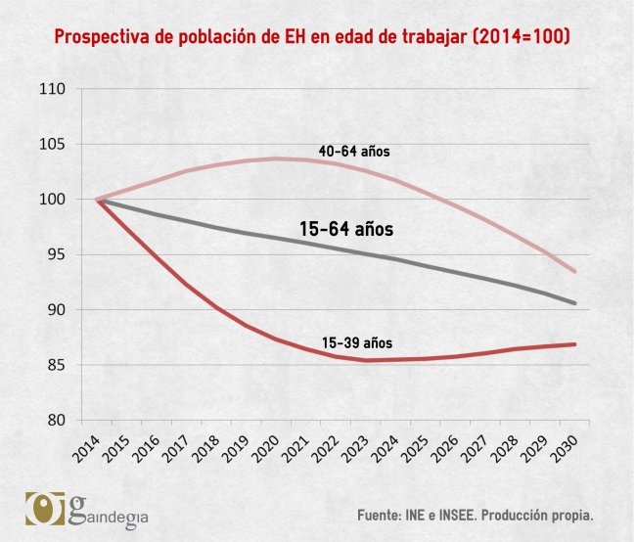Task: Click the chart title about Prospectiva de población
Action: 312,38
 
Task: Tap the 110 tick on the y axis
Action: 52,89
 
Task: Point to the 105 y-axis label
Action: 52,145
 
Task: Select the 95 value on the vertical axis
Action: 56,255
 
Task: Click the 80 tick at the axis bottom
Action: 56,421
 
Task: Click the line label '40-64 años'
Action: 355,152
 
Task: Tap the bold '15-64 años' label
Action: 345,230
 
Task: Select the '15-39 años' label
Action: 357,343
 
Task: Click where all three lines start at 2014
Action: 98,200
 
